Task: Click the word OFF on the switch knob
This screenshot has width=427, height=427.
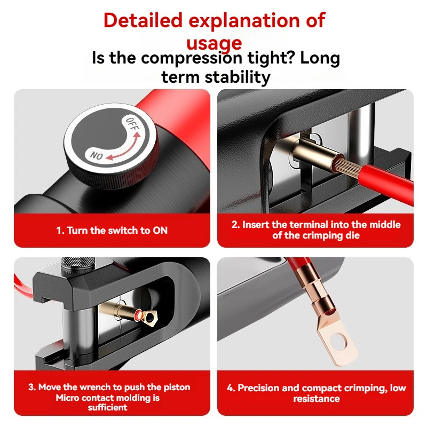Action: point(132,123)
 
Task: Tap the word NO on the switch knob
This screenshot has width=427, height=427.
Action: point(97,155)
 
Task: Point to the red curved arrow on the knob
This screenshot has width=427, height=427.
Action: point(124,148)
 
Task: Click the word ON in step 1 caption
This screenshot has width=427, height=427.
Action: point(160,231)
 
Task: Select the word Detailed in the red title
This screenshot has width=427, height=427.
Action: point(143,20)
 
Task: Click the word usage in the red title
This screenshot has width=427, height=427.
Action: point(214,43)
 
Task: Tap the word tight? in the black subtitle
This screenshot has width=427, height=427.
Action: point(271,58)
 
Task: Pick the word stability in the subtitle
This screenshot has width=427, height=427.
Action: point(238,77)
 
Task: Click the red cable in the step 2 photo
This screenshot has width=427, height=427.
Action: point(386,181)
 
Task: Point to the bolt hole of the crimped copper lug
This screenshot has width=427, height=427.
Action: point(338,341)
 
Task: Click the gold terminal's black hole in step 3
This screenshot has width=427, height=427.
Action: point(149,317)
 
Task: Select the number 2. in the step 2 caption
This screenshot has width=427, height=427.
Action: point(235,225)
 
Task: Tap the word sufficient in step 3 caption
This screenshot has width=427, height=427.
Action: point(108,407)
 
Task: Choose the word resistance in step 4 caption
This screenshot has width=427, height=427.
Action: point(317,399)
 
